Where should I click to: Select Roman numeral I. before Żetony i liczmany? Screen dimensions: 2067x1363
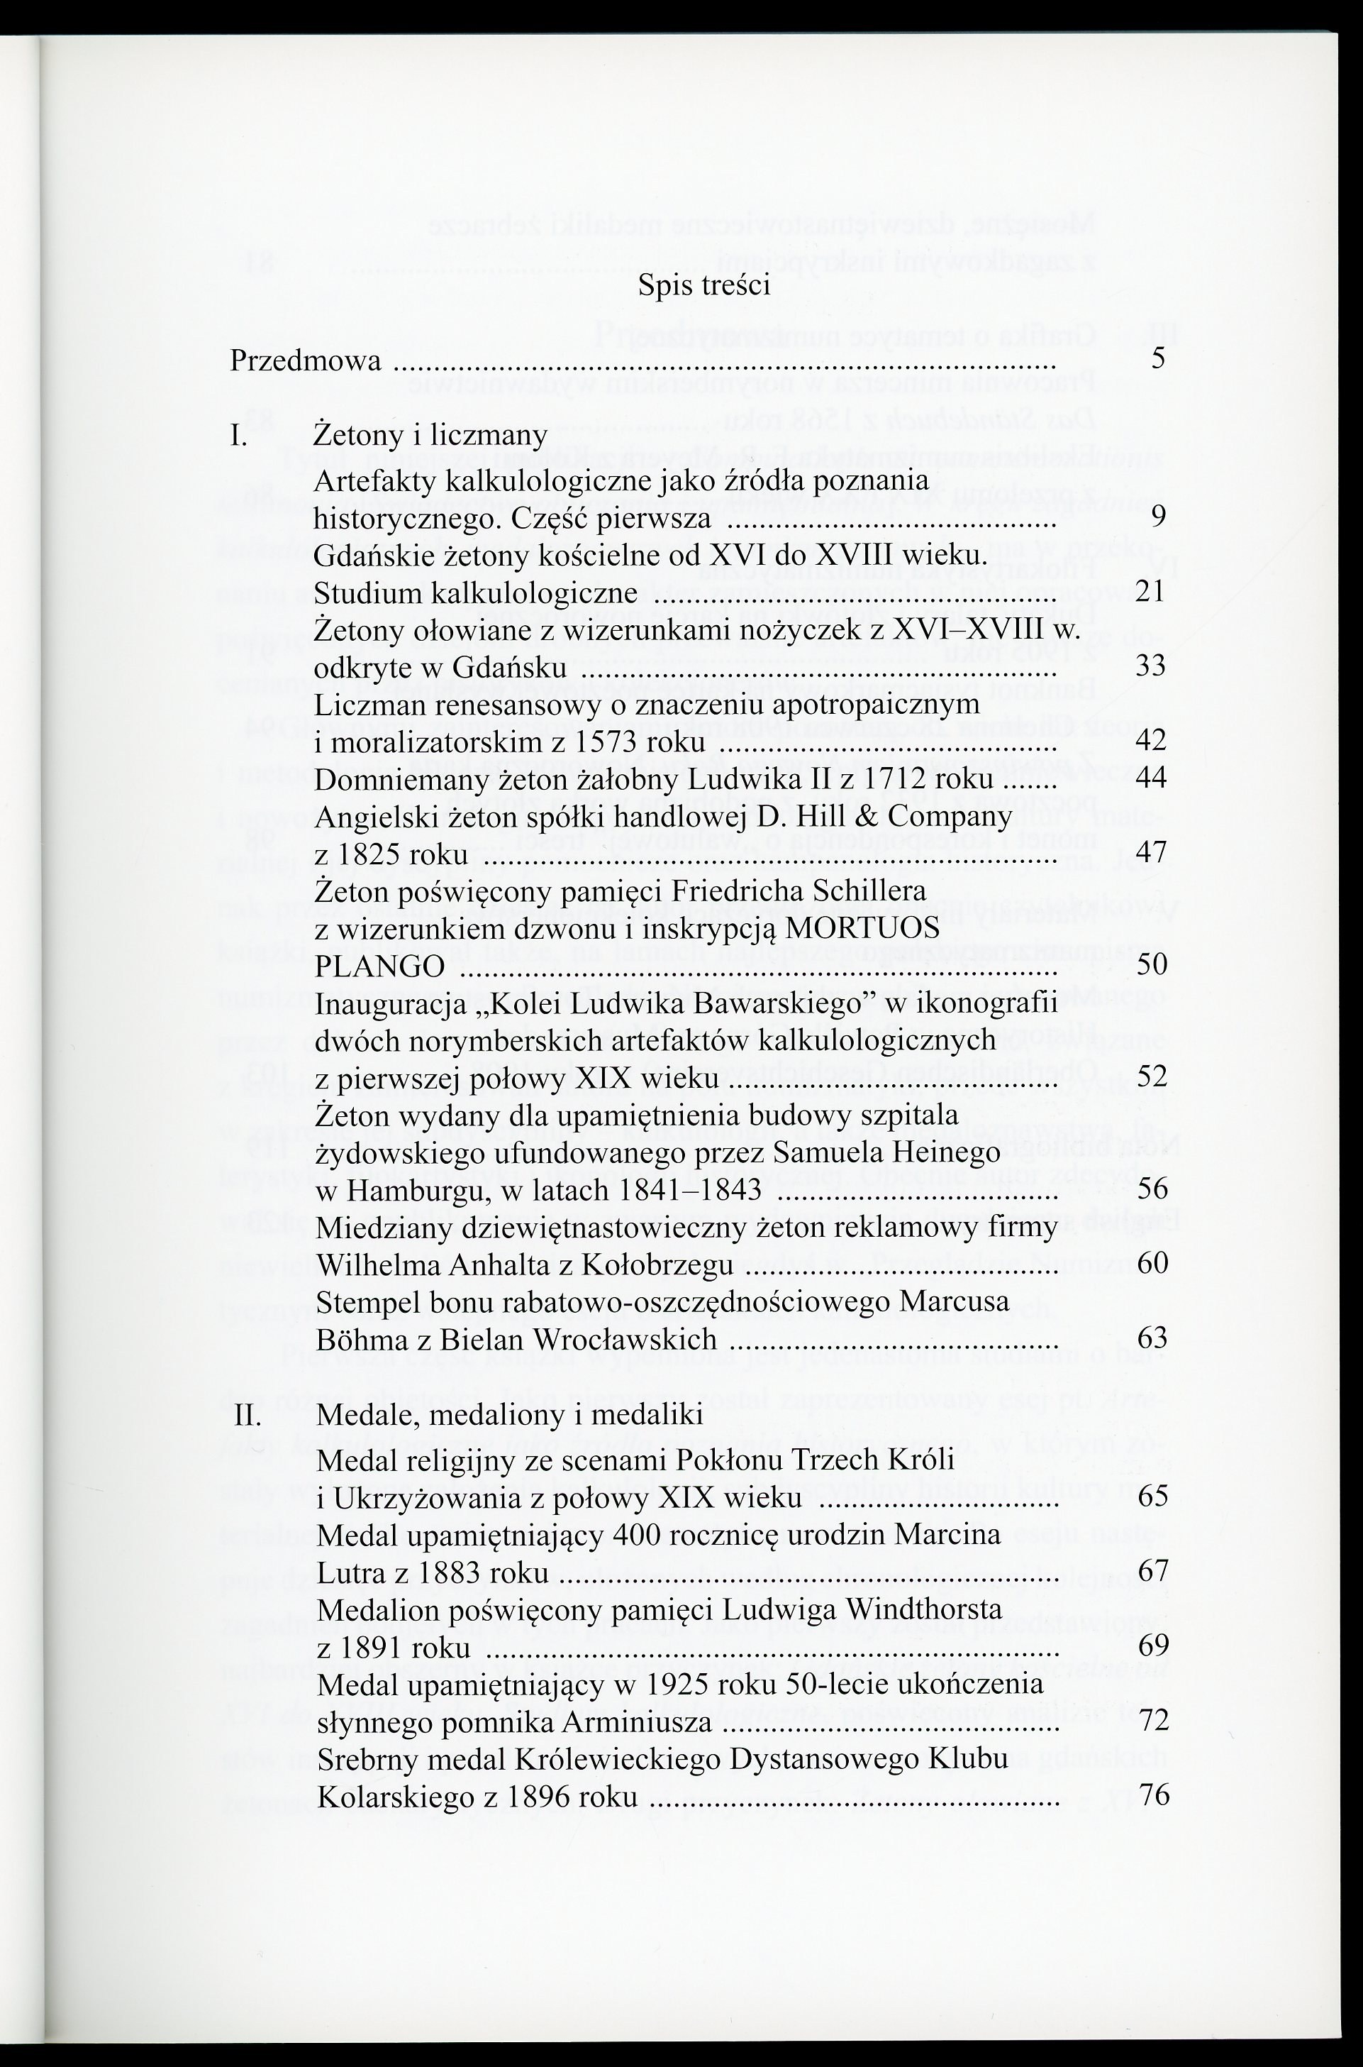(x=239, y=435)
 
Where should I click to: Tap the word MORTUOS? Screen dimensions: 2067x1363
(x=862, y=928)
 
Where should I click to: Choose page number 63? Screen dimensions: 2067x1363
(x=1152, y=1338)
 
